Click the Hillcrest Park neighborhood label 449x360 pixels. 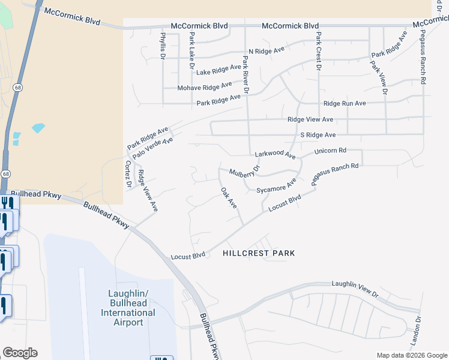point(259,253)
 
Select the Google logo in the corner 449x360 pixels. point(20,353)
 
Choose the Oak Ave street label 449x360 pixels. point(229,198)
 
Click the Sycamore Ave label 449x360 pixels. point(277,185)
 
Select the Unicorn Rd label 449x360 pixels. point(331,150)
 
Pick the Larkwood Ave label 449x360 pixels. point(275,154)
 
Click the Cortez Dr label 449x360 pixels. point(128,174)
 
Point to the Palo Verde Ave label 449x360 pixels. point(152,148)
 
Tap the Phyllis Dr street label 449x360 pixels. point(163,46)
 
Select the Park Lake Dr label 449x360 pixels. point(191,47)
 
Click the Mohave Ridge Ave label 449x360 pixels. point(204,88)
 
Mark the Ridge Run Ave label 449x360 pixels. point(345,103)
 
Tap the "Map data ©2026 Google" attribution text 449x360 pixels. point(412,355)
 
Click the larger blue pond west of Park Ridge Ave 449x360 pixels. point(38,127)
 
